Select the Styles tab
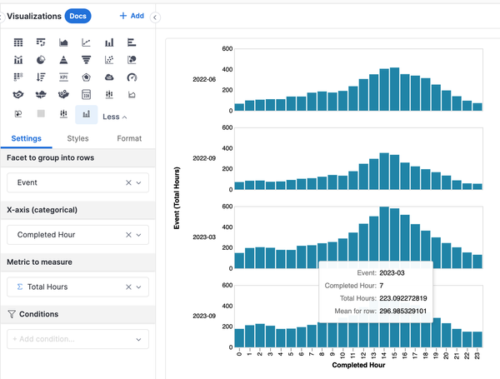tap(77, 138)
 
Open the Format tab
tap(129, 138)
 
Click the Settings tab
tap(27, 138)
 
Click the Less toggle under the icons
tap(115, 117)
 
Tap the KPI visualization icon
tap(63, 77)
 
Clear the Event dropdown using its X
tap(128, 182)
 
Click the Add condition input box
tap(77, 339)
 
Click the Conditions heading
tap(39, 314)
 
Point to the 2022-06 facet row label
tap(205, 79)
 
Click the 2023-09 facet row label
tap(205, 315)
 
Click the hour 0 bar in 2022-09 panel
tap(239, 186)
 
